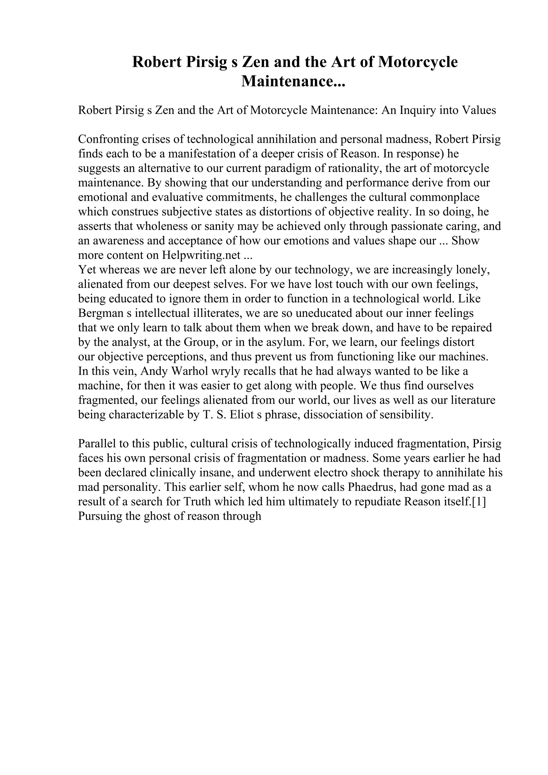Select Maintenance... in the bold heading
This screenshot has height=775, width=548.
[x=293, y=81]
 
